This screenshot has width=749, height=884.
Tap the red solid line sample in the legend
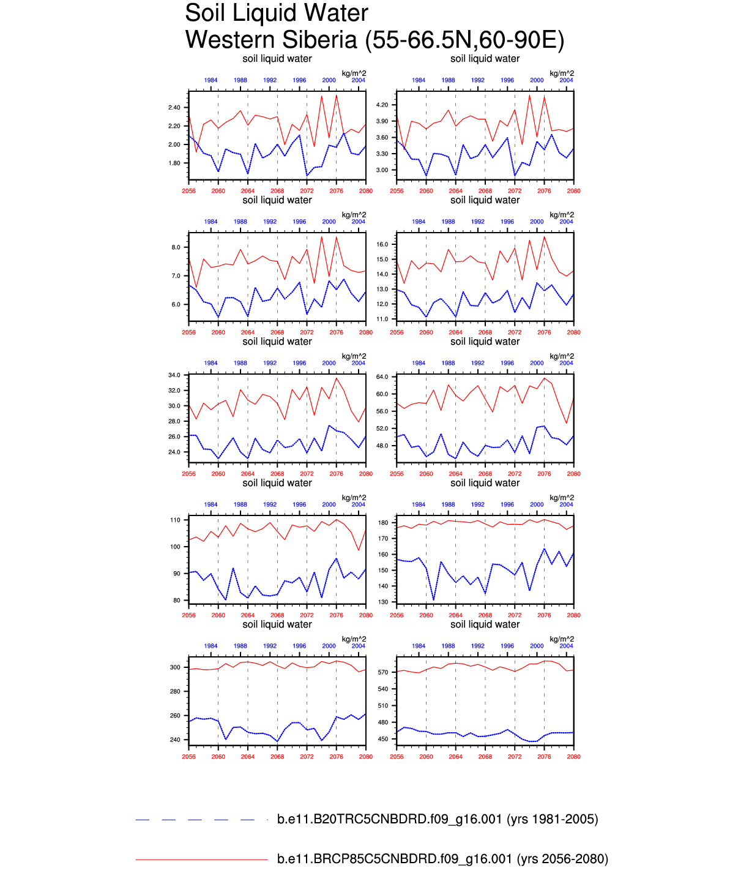click(201, 860)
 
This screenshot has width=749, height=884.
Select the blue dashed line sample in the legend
click(201, 820)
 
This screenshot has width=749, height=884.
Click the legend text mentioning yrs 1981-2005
click(438, 819)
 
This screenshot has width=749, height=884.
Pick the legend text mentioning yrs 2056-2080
click(442, 859)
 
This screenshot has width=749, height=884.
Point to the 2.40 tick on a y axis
click(174, 108)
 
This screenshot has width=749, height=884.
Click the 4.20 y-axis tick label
click(382, 105)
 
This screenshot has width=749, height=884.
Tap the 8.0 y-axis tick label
click(176, 247)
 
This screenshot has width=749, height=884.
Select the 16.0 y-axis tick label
click(382, 244)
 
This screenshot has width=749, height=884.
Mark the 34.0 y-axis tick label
click(174, 375)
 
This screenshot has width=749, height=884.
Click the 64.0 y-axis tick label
click(382, 377)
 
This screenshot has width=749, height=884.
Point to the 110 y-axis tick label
click(176, 520)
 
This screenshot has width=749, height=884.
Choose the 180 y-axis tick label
click(384, 523)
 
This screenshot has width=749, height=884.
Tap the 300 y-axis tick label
click(176, 667)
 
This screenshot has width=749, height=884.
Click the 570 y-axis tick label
click(384, 672)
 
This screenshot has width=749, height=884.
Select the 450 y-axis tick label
click(384, 739)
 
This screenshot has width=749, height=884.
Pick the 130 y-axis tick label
click(384, 602)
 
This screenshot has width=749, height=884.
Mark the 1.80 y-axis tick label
click(174, 163)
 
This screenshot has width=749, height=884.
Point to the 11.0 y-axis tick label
click(382, 319)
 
